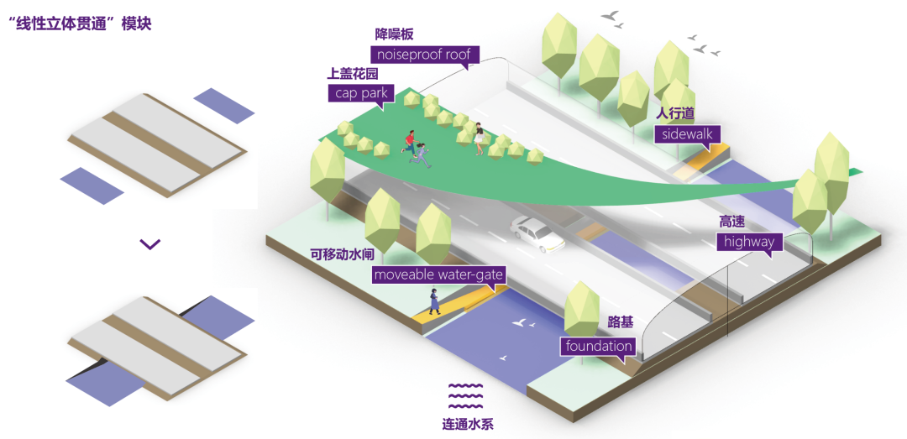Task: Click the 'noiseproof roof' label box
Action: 424,55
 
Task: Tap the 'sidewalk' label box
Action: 687,135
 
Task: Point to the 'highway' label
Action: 749,242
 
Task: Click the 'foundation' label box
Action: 599,346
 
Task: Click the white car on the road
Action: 537,234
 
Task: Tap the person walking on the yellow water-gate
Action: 433,301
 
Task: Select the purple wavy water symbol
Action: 465,393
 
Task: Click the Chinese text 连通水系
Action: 468,423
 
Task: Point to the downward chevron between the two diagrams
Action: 149,244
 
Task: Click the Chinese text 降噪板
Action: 394,34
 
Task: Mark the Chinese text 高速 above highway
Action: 732,222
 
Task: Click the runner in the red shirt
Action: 411,142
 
